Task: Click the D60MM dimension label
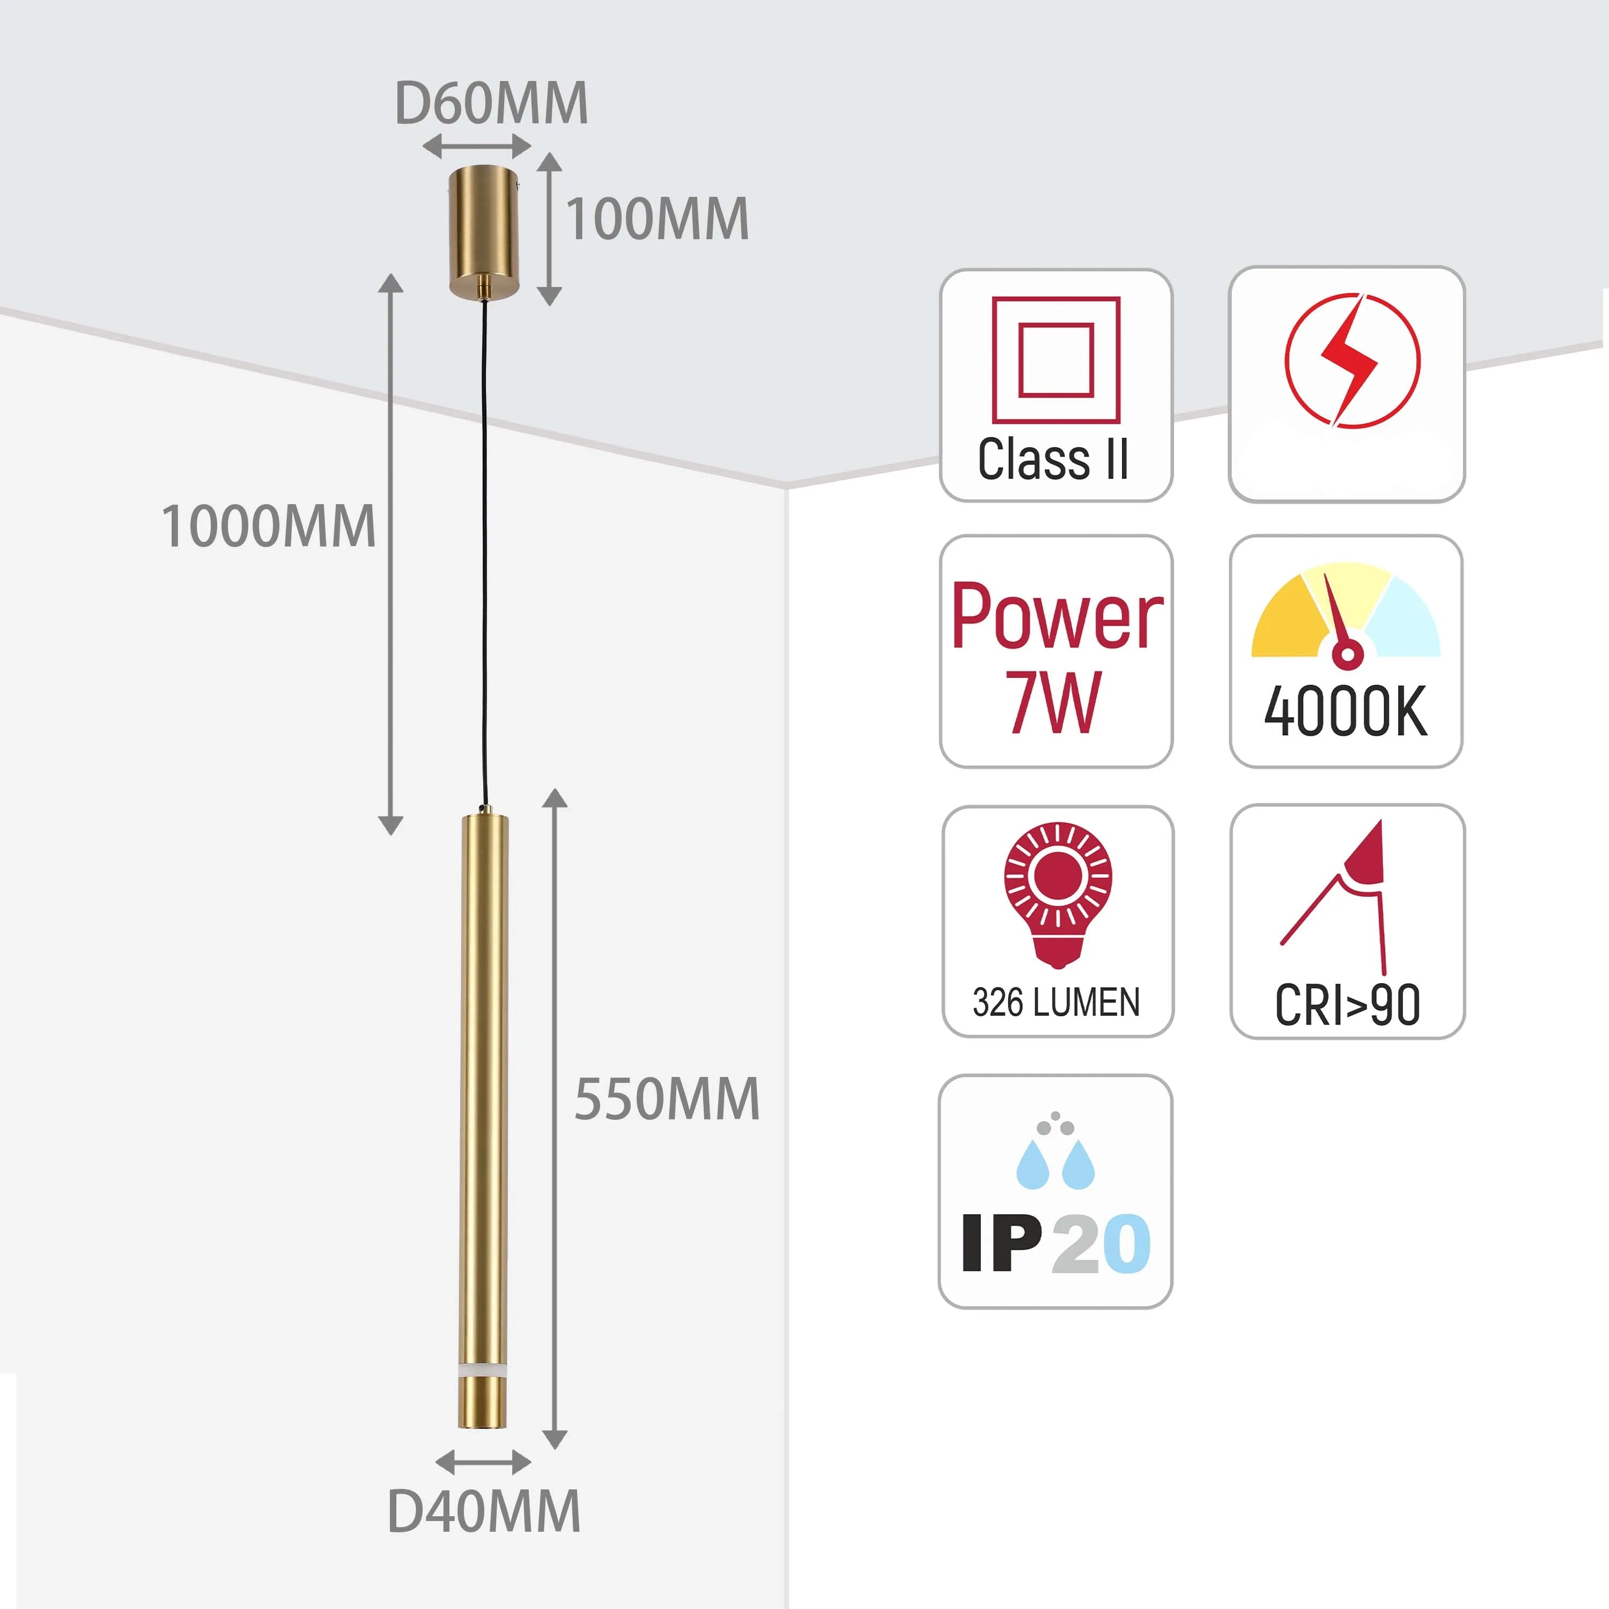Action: tap(491, 104)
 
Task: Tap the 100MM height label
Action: tap(657, 220)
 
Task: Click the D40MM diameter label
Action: tap(484, 1511)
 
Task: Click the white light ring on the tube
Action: tap(483, 1369)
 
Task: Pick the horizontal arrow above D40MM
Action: tap(483, 1462)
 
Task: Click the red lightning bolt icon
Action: tap(1352, 360)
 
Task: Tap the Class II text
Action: tap(1053, 459)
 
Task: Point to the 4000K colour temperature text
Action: tap(1346, 712)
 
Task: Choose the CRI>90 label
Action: tap(1347, 1005)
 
